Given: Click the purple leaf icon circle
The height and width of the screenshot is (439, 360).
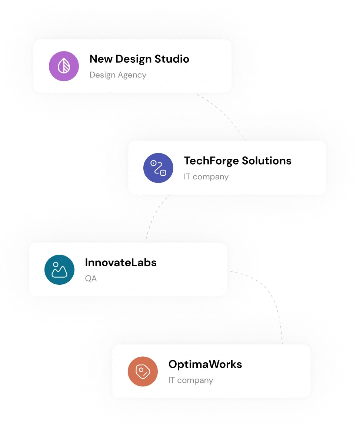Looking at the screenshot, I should point(64,66).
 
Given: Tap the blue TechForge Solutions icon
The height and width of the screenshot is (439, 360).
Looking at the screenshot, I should point(158,168).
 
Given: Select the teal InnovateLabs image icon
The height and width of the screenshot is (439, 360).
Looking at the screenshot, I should point(59,270).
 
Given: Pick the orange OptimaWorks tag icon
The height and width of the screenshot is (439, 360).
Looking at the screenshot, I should point(143,372).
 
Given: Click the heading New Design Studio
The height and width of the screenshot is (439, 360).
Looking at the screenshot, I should point(139,59).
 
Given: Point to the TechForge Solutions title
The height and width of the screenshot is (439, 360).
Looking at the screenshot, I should point(237,161).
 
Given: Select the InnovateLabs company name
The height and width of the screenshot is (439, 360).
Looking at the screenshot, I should point(121,263).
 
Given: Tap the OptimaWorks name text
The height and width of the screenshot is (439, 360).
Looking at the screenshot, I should point(205,364).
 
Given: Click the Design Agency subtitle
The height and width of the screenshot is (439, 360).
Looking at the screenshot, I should point(118,75).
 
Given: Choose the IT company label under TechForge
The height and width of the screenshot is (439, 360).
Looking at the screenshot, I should point(206,177).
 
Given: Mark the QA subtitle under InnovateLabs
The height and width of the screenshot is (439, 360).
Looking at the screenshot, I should point(91,278).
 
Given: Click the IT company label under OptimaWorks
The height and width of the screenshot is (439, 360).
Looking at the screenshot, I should point(190,380).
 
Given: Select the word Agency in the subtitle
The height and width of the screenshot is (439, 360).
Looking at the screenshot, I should point(132,75).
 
